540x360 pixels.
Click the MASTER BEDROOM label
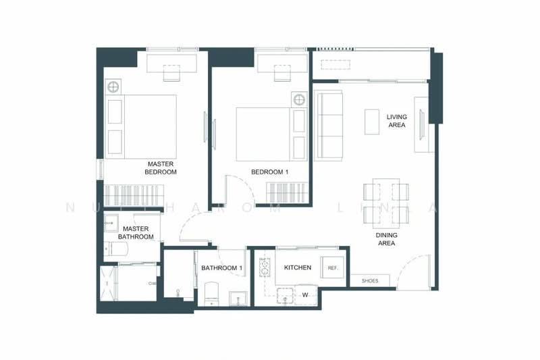pos(161,168)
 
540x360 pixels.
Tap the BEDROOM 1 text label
pos(269,172)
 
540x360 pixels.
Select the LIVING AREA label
pos(397,121)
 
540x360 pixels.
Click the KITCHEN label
pos(298,268)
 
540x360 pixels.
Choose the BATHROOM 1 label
pos(221,269)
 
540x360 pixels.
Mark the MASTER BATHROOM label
pos(136,233)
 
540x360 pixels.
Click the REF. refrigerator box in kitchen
pos(332,268)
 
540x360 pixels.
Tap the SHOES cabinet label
pos(369,280)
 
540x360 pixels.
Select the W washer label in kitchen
pos(305,294)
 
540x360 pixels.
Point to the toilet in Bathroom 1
pos(211,293)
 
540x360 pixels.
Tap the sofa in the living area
pos(330,125)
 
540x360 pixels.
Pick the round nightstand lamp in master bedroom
pos(113,86)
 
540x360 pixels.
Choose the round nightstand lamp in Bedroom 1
pos(298,100)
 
